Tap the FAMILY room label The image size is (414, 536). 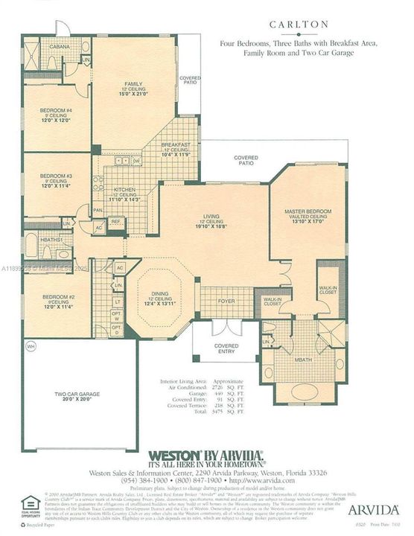tap(134, 84)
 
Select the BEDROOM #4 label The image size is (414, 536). tap(56, 111)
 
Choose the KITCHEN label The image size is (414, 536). tap(122, 191)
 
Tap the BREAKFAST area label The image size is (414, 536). tap(176, 144)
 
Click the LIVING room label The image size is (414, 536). tap(212, 217)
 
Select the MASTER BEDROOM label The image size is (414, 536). tap(305, 212)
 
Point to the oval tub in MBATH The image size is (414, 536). tap(305, 391)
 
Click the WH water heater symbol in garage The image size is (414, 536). tap(31, 347)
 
